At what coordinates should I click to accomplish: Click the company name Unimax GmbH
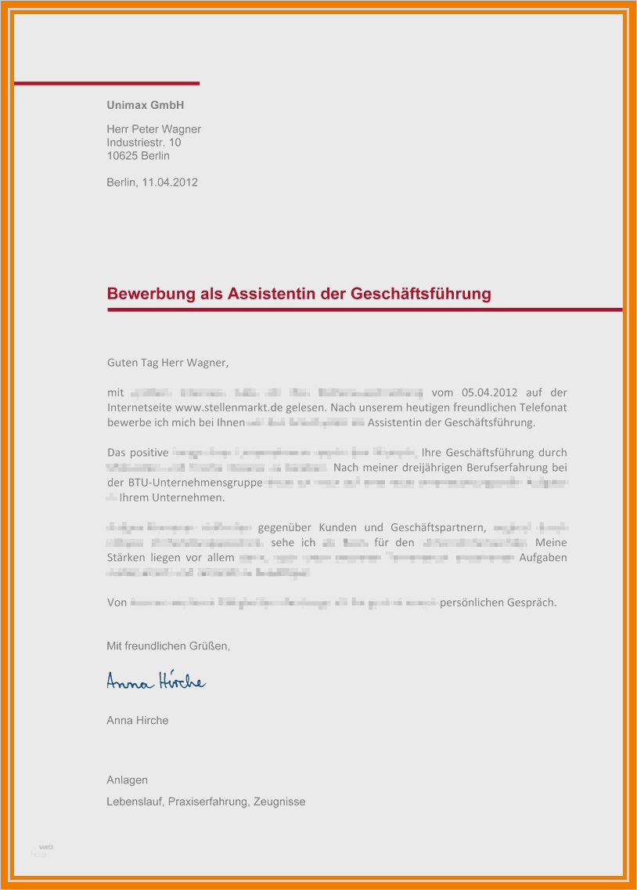tap(146, 105)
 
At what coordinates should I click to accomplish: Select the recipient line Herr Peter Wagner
tap(153, 129)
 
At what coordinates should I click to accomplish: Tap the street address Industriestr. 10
tap(144, 143)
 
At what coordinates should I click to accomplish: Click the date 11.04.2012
tap(170, 183)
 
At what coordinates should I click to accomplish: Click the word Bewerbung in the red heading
tap(146, 295)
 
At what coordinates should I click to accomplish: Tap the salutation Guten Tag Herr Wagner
tap(167, 363)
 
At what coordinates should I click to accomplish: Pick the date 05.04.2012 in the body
tap(490, 393)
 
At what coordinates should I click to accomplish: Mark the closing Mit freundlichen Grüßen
tap(168, 646)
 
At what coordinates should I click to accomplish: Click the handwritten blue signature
tap(156, 682)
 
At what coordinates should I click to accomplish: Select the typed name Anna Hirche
tap(137, 720)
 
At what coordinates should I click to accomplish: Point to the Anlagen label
tap(127, 780)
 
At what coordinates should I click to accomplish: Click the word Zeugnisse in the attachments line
tap(279, 801)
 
